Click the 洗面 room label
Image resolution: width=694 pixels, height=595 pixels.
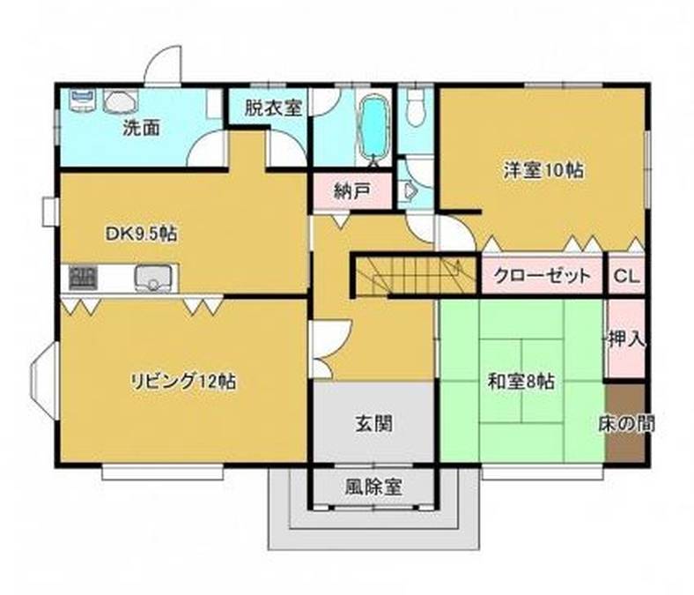tap(140, 127)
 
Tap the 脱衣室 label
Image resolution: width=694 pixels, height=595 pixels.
tap(273, 108)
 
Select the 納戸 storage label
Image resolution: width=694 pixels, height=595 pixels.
tap(351, 190)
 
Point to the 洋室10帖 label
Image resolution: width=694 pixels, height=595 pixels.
tap(543, 170)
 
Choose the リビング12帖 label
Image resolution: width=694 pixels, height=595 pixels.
tap(182, 383)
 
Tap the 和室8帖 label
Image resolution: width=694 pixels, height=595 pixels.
tap(521, 383)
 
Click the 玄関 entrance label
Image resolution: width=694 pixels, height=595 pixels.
tap(373, 423)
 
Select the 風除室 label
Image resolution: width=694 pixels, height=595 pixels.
tap(373, 487)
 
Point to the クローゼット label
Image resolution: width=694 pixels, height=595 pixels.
tap(542, 276)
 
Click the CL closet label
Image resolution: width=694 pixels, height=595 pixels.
tap(626, 276)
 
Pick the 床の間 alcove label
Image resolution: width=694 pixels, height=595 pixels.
tap(626, 422)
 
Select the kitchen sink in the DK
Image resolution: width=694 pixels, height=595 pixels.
tap(153, 278)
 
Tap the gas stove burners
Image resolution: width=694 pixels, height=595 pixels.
tap(82, 278)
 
